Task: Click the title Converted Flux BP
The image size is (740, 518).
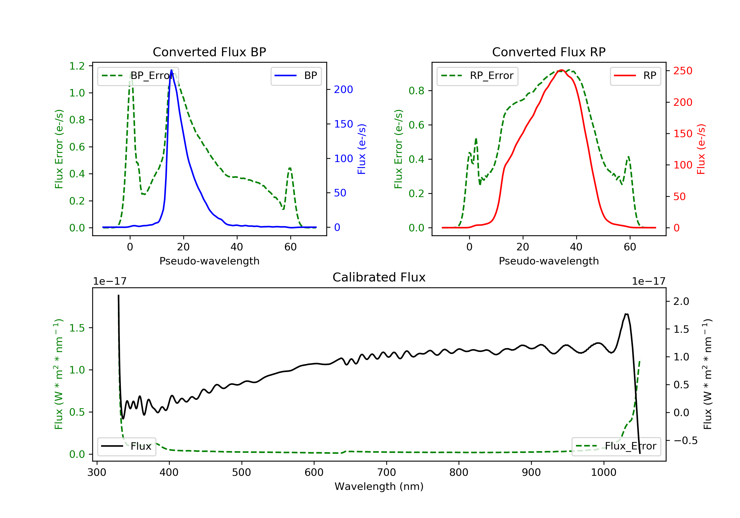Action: tap(209, 52)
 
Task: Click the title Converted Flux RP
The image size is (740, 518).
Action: tap(549, 52)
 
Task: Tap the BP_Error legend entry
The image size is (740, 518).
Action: tap(138, 76)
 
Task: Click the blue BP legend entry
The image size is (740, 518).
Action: tap(296, 76)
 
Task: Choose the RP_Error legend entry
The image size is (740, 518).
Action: tap(477, 76)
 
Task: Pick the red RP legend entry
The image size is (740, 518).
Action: tap(635, 76)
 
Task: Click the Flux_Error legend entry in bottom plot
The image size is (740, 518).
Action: tap(616, 446)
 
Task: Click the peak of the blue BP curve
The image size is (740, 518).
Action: tap(171, 70)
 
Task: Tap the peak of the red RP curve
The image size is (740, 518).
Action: tap(561, 70)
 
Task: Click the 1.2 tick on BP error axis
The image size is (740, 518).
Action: tap(77, 66)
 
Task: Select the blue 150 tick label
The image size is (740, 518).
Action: tap(343, 124)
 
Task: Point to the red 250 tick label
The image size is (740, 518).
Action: tap(683, 71)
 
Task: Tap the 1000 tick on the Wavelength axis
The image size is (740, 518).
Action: tap(603, 473)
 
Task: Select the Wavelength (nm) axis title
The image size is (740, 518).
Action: tap(379, 486)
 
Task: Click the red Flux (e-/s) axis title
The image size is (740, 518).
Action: tap(701, 149)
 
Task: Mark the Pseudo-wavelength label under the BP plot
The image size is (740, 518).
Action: tap(209, 261)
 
